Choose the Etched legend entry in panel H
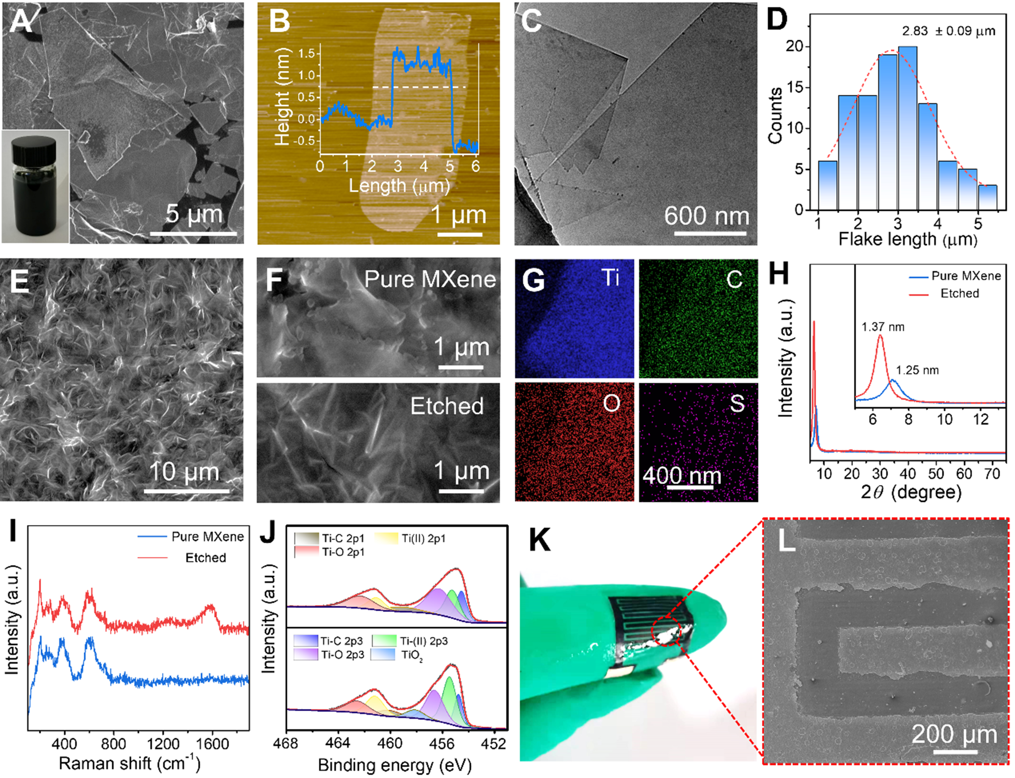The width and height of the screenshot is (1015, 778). [x=959, y=294]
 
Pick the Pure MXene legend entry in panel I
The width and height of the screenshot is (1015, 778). [x=207, y=537]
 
